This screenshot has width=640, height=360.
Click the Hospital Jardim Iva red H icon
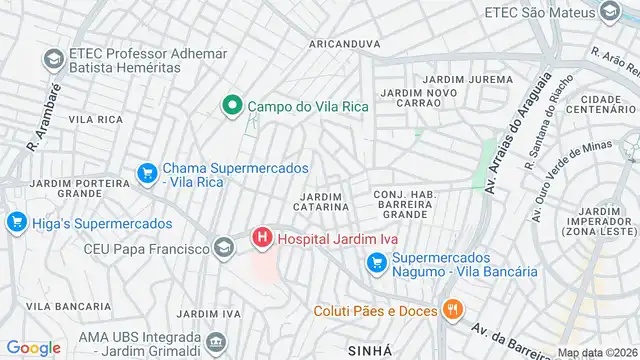click(262, 238)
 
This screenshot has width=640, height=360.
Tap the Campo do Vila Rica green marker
click(232, 105)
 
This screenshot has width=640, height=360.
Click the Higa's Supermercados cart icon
click(16, 223)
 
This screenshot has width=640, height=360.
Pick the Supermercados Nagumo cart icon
click(376, 263)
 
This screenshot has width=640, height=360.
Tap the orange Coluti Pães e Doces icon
click(452, 310)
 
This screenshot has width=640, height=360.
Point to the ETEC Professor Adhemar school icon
click(52, 59)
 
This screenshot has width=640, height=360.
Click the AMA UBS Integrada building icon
click(216, 345)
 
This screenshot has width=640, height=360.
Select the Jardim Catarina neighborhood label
click(322, 200)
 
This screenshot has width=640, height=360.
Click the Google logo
click(33, 347)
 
